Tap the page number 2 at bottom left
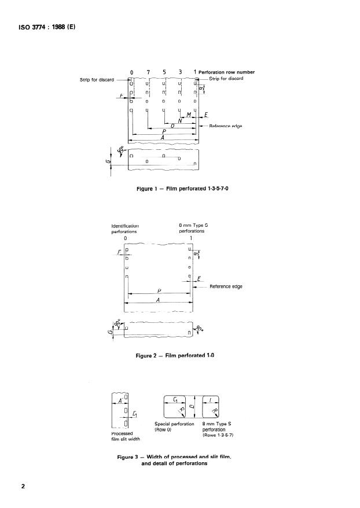click(24, 486)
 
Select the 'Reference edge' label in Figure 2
click(225, 286)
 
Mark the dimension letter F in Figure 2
click(119, 252)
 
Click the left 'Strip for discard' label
click(97, 79)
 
